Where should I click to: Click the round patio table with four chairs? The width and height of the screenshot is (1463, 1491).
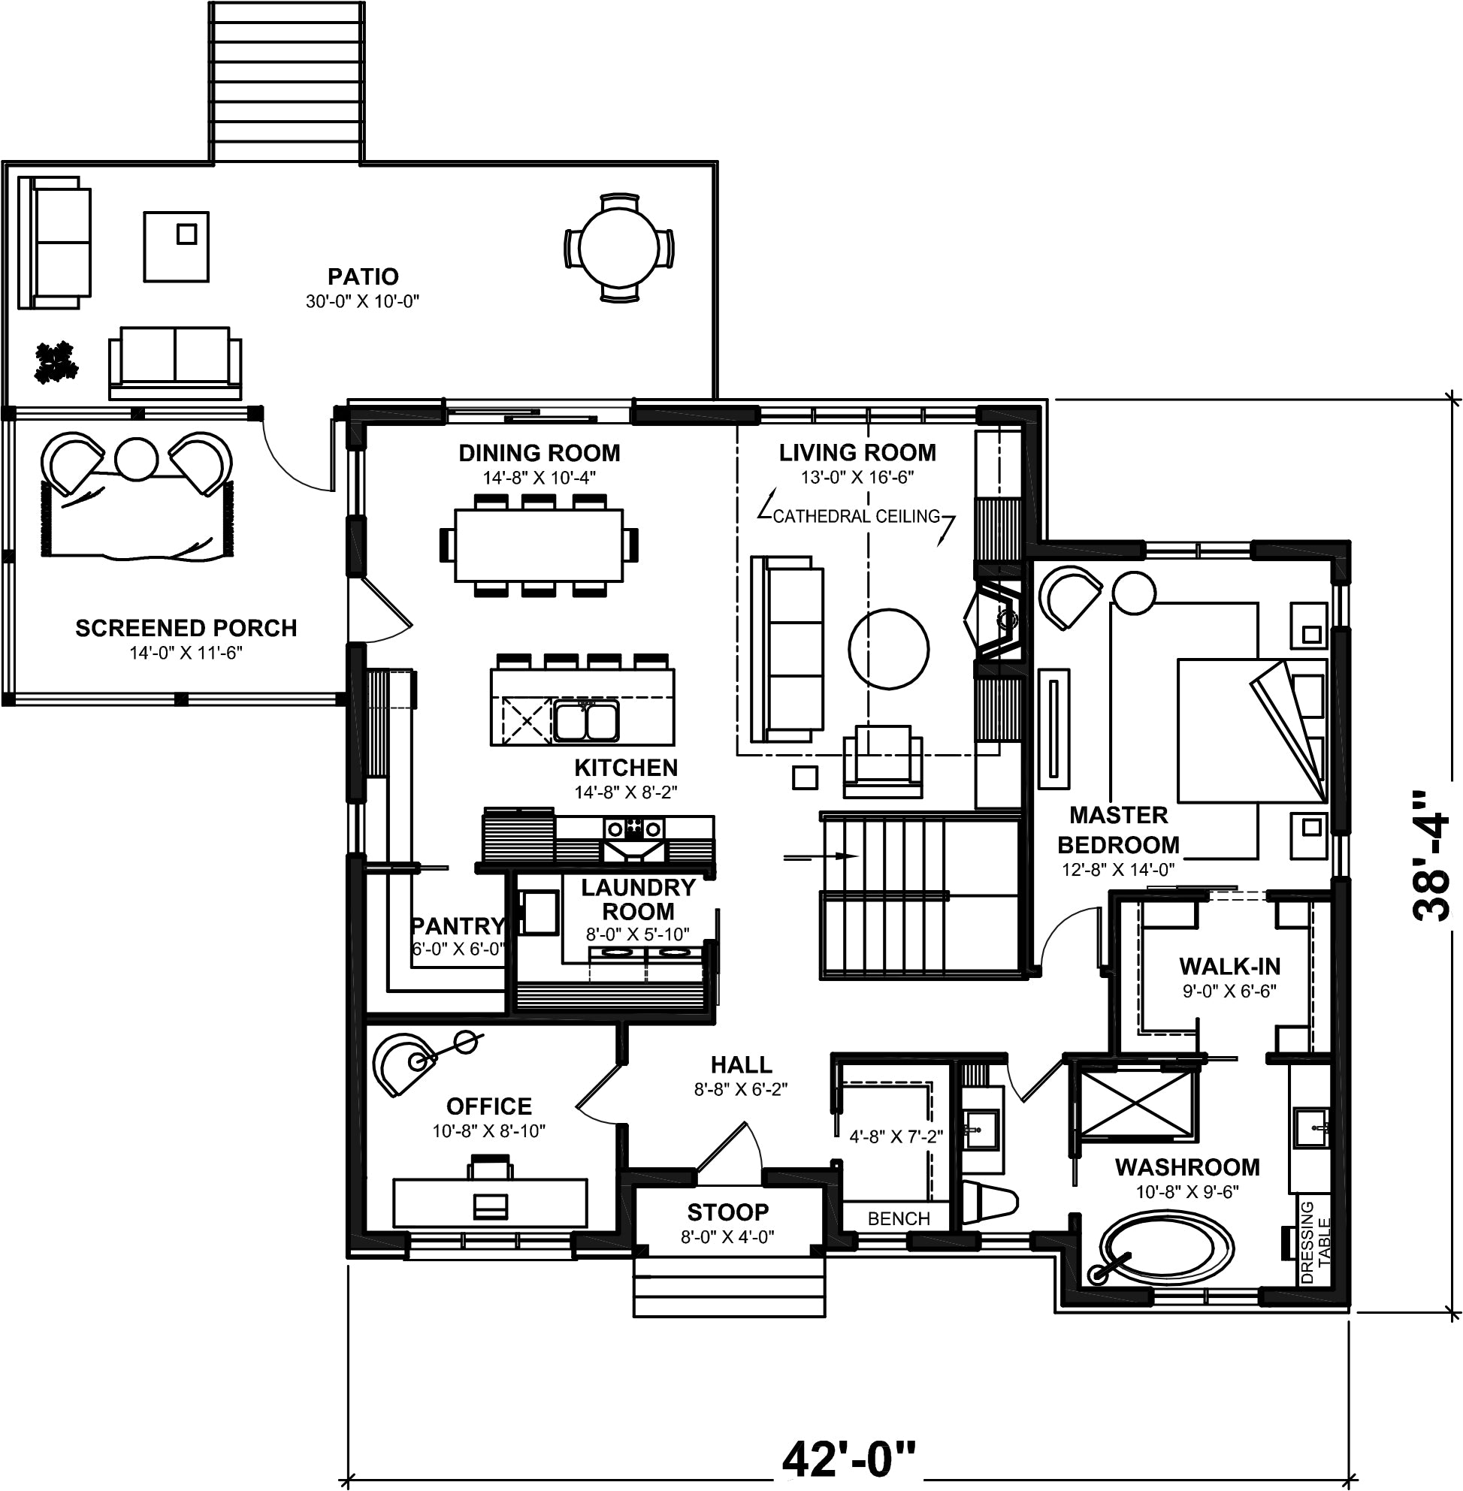(619, 247)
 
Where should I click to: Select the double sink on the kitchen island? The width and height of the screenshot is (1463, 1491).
(585, 720)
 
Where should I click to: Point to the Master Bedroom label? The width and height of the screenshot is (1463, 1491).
(1118, 829)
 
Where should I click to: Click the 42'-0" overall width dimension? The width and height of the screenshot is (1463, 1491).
(850, 1459)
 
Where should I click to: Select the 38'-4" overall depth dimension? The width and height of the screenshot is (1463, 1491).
(1431, 855)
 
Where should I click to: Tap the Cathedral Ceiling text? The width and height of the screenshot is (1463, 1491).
(857, 516)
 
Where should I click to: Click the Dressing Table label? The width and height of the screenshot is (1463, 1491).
(1316, 1242)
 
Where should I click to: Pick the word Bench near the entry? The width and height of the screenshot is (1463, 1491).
(899, 1218)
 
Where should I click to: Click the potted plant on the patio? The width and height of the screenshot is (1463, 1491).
(56, 362)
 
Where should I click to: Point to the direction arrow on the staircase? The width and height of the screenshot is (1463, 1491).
(821, 856)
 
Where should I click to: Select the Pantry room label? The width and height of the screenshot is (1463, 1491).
(458, 925)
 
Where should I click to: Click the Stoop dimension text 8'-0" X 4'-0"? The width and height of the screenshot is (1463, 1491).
(727, 1236)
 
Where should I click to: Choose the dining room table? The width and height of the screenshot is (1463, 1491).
(539, 545)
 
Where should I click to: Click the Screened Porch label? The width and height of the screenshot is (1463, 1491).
(186, 628)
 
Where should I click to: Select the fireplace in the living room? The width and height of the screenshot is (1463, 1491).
(994, 618)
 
